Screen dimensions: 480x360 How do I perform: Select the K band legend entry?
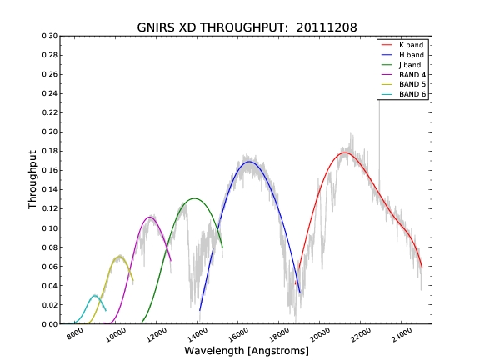pyautogui.click(x=402, y=45)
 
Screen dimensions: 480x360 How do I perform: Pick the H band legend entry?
pyautogui.click(x=402, y=55)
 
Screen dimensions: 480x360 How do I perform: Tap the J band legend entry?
pyautogui.click(x=401, y=65)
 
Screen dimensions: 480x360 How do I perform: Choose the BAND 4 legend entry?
pyautogui.click(x=403, y=75)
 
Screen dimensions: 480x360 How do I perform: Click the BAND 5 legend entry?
pyautogui.click(x=403, y=84)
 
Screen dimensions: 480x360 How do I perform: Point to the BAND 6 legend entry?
pyautogui.click(x=403, y=94)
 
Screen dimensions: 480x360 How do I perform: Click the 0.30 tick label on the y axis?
pyautogui.click(x=50, y=36)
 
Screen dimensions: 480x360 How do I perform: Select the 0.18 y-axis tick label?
pyautogui.click(x=50, y=151)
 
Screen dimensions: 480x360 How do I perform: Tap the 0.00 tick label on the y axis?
pyautogui.click(x=50, y=324)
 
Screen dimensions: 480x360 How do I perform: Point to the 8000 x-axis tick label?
pyautogui.click(x=75, y=333)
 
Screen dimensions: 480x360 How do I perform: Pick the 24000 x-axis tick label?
pyautogui.click(x=402, y=334)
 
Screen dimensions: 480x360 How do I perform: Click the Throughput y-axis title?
pyautogui.click(x=32, y=180)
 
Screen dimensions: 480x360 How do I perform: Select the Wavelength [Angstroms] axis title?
pyautogui.click(x=247, y=351)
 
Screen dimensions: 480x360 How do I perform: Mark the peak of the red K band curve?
pyautogui.click(x=345, y=152)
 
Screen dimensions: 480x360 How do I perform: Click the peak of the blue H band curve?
pyautogui.click(x=249, y=162)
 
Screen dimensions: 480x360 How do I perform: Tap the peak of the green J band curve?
pyautogui.click(x=194, y=198)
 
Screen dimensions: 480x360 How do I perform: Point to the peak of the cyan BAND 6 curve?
pyautogui.click(x=95, y=295)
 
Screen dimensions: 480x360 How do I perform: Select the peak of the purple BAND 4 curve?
pyautogui.click(x=150, y=217)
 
